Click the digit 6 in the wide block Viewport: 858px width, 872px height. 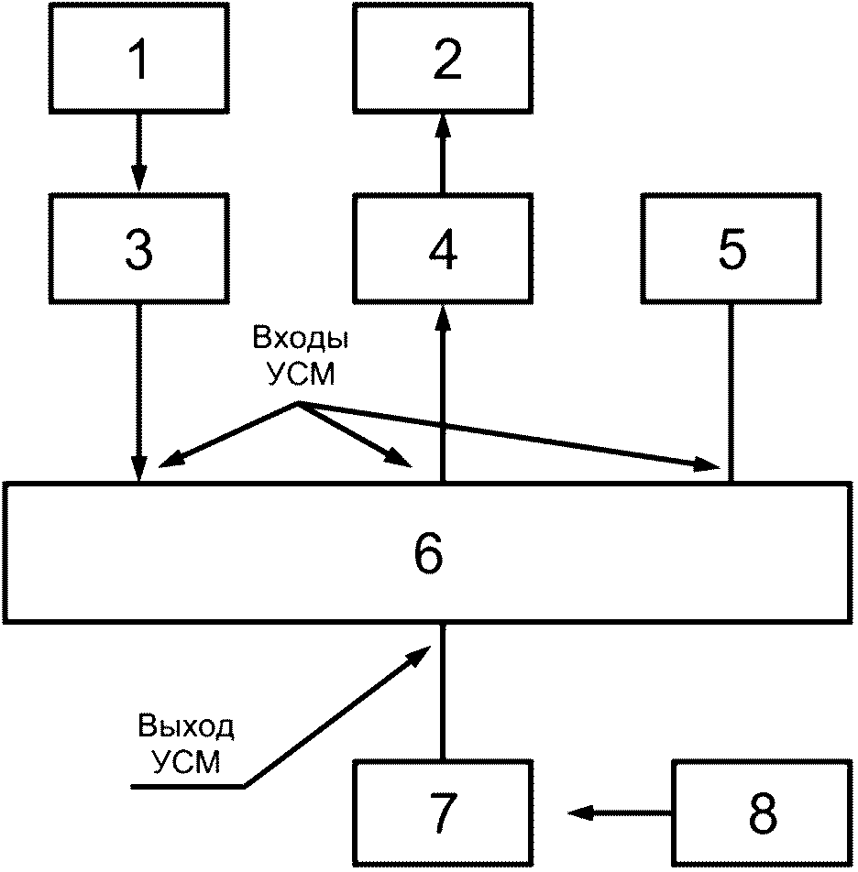(428, 553)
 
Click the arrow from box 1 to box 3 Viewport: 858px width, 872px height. (138, 153)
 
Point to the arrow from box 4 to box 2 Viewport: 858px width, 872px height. (443, 153)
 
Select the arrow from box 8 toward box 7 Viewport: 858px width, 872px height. (620, 813)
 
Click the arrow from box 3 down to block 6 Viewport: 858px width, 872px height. (138, 392)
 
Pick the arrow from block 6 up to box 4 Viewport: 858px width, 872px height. (443, 392)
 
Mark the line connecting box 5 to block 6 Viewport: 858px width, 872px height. (731, 392)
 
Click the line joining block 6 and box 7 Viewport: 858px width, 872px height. (443, 692)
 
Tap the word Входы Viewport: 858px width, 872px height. (301, 337)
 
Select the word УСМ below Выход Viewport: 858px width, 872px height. (186, 762)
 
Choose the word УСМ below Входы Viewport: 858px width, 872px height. (301, 374)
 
